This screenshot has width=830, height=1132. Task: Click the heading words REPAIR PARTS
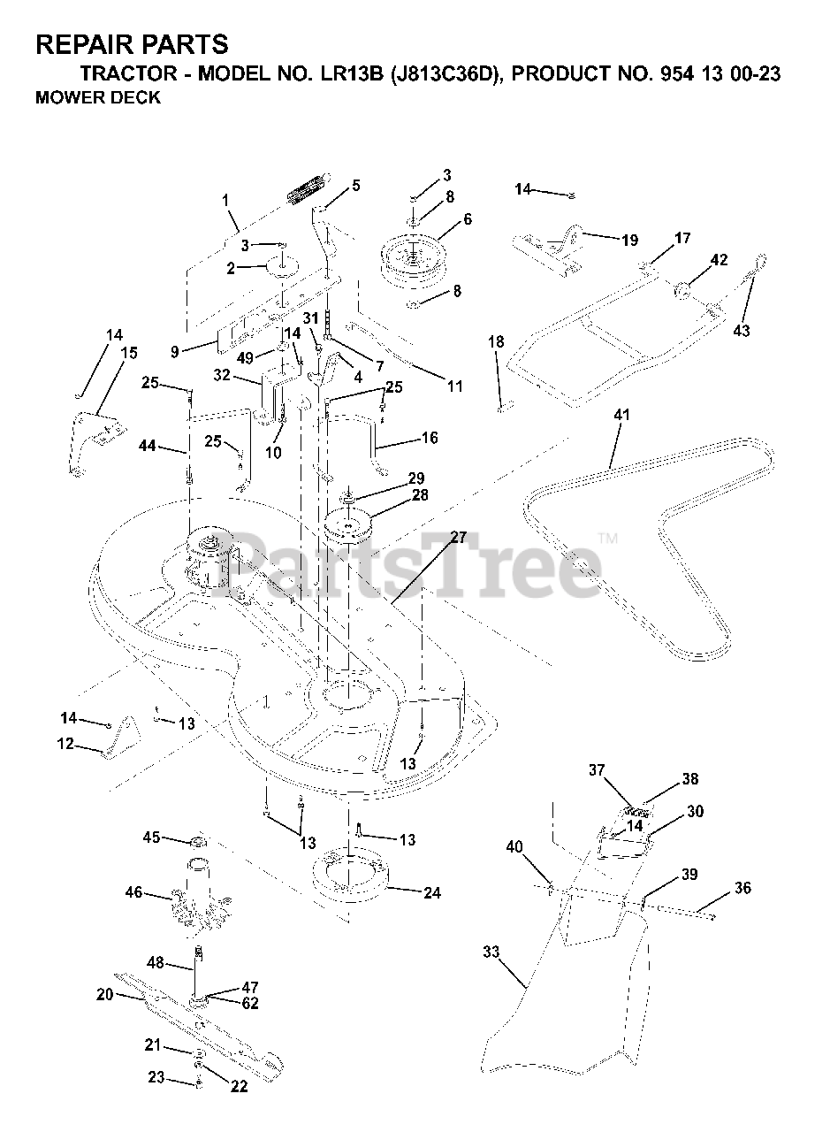[x=132, y=44]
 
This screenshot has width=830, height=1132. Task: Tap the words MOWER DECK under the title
[x=98, y=98]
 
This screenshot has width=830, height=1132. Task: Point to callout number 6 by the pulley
[x=466, y=218]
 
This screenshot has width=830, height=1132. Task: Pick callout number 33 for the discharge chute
[x=491, y=952]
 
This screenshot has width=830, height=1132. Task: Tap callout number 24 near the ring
[x=431, y=893]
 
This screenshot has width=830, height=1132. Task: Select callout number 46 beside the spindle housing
[x=133, y=893]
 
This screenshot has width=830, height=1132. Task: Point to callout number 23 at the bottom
[x=156, y=1077]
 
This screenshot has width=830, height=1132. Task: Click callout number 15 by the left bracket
[x=129, y=353]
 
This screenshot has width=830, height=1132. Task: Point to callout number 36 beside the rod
[x=742, y=888]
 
